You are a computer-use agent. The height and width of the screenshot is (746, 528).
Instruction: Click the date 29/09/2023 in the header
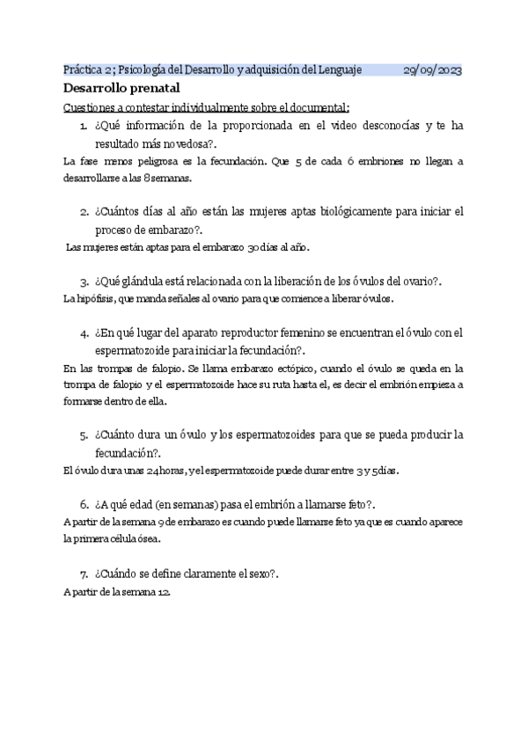pos(433,70)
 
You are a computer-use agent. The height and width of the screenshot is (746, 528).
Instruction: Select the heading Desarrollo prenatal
pos(121,89)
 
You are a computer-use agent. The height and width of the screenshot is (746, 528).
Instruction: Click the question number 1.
pos(82,127)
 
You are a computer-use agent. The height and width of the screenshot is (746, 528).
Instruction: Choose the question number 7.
pos(83,574)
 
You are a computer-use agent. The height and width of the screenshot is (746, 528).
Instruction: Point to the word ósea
pos(147,539)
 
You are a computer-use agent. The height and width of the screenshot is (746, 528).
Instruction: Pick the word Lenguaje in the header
pos(338,70)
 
